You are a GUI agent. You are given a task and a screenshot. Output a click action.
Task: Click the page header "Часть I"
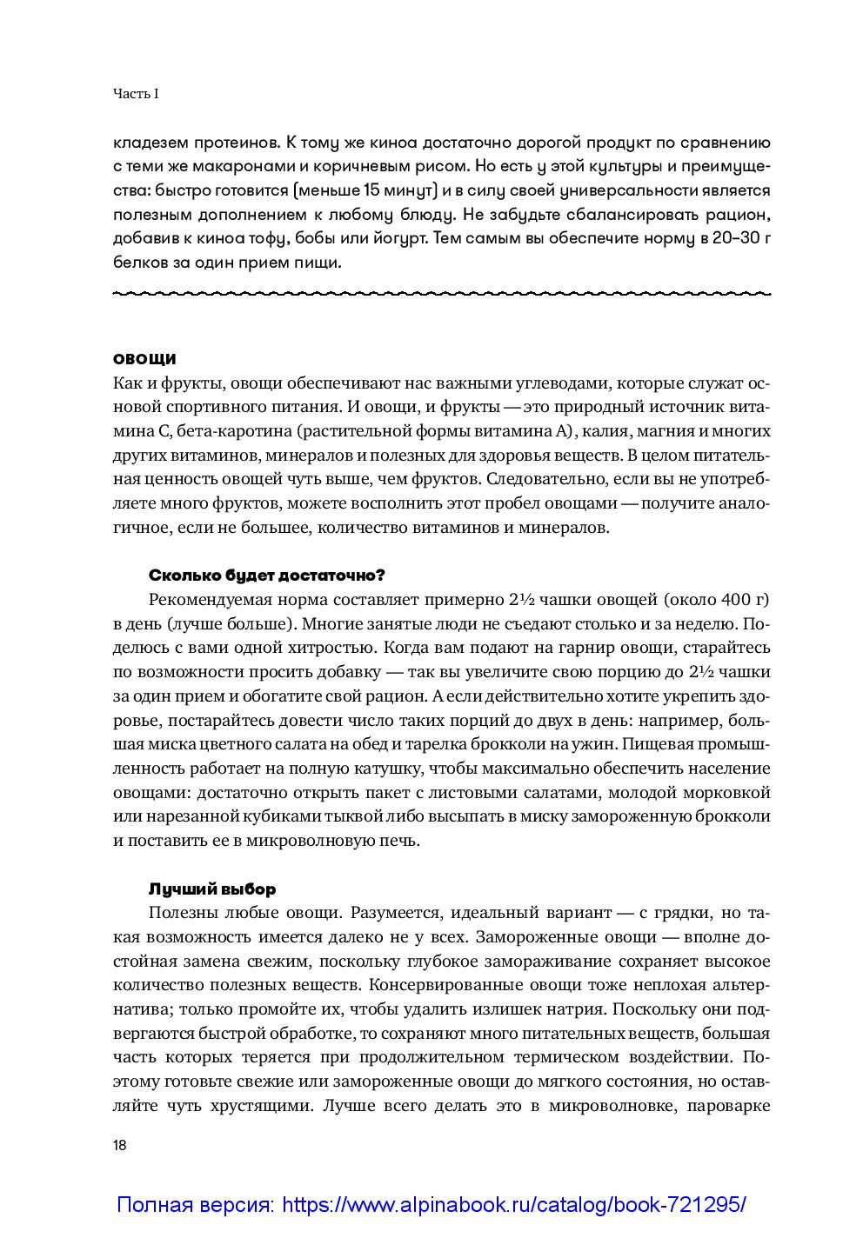pyautogui.click(x=135, y=94)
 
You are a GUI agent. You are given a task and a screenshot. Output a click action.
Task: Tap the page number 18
pyautogui.click(x=120, y=1145)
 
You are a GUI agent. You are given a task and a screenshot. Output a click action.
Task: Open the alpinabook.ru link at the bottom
pyautogui.click(x=431, y=1205)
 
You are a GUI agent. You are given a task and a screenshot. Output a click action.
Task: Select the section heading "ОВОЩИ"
pyautogui.click(x=144, y=358)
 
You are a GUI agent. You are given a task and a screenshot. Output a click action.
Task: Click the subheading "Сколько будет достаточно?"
pyautogui.click(x=266, y=576)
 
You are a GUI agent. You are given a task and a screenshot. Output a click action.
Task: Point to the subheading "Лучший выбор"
pyautogui.click(x=212, y=889)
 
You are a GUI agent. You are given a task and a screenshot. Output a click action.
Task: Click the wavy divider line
pyautogui.click(x=442, y=293)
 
